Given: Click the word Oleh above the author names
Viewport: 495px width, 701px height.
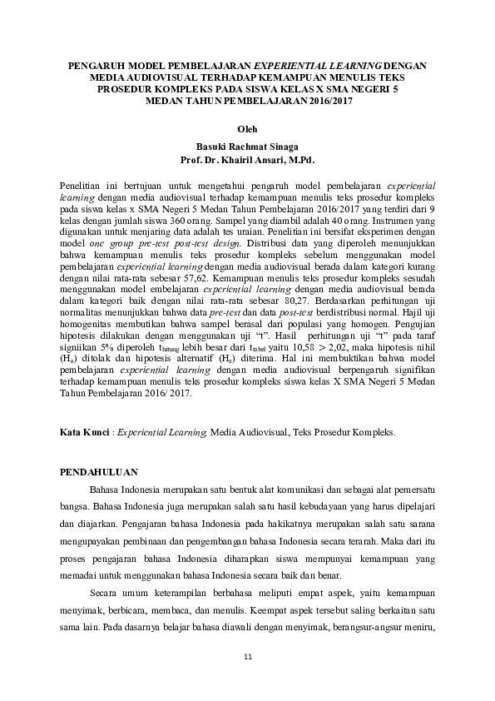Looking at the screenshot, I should coord(247,129).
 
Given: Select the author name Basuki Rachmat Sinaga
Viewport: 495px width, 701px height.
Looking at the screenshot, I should coord(247,144).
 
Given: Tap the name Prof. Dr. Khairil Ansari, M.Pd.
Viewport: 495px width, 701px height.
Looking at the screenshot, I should coord(247,157).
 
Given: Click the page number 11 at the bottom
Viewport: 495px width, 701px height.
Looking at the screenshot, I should coord(247,659).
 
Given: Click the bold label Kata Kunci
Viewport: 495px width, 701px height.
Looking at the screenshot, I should coord(87,433).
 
